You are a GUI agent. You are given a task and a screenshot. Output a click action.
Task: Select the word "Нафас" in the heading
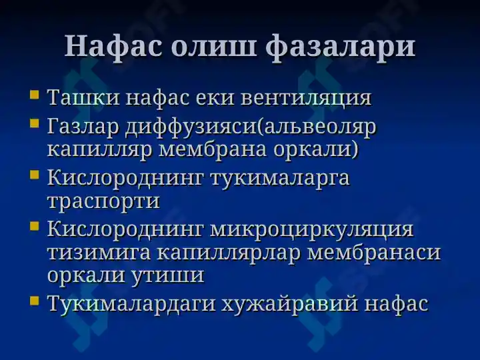tap(113, 47)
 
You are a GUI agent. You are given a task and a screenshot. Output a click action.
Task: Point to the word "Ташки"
tap(83, 97)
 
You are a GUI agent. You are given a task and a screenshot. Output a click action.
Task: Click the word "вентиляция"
tap(306, 99)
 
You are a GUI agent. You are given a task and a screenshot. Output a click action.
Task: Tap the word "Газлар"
tap(83, 127)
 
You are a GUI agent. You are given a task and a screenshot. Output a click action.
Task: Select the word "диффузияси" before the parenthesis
tap(191, 127)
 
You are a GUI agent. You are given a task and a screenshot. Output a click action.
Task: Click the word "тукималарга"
tap(280, 179)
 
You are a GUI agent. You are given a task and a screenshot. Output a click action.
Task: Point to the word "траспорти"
tap(104, 202)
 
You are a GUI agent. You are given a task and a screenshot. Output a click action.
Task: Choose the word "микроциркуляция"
tap(311, 229)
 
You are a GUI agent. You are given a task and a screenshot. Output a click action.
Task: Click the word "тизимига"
tap(99, 253)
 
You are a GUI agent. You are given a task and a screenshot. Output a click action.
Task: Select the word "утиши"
tap(168, 275)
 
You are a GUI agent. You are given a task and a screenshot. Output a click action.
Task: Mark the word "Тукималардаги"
tap(131, 304)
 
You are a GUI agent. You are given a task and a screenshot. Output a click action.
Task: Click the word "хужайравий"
tap(289, 304)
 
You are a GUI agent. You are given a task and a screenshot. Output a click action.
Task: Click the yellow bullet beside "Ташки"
tap(35, 94)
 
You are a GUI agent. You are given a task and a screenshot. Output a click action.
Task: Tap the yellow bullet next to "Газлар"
tap(35, 123)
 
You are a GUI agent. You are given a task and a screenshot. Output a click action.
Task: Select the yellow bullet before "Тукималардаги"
tap(35, 300)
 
